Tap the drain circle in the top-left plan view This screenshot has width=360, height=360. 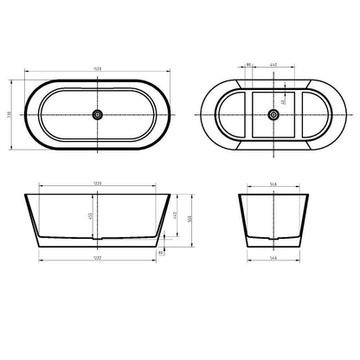click(x=97, y=113)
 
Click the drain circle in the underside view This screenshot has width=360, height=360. click(x=276, y=113)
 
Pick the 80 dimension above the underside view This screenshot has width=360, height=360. click(x=248, y=65)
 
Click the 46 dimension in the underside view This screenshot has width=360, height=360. click(x=282, y=100)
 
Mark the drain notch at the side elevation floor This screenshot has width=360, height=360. click(x=97, y=238)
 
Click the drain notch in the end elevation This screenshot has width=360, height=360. click(x=274, y=238)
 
